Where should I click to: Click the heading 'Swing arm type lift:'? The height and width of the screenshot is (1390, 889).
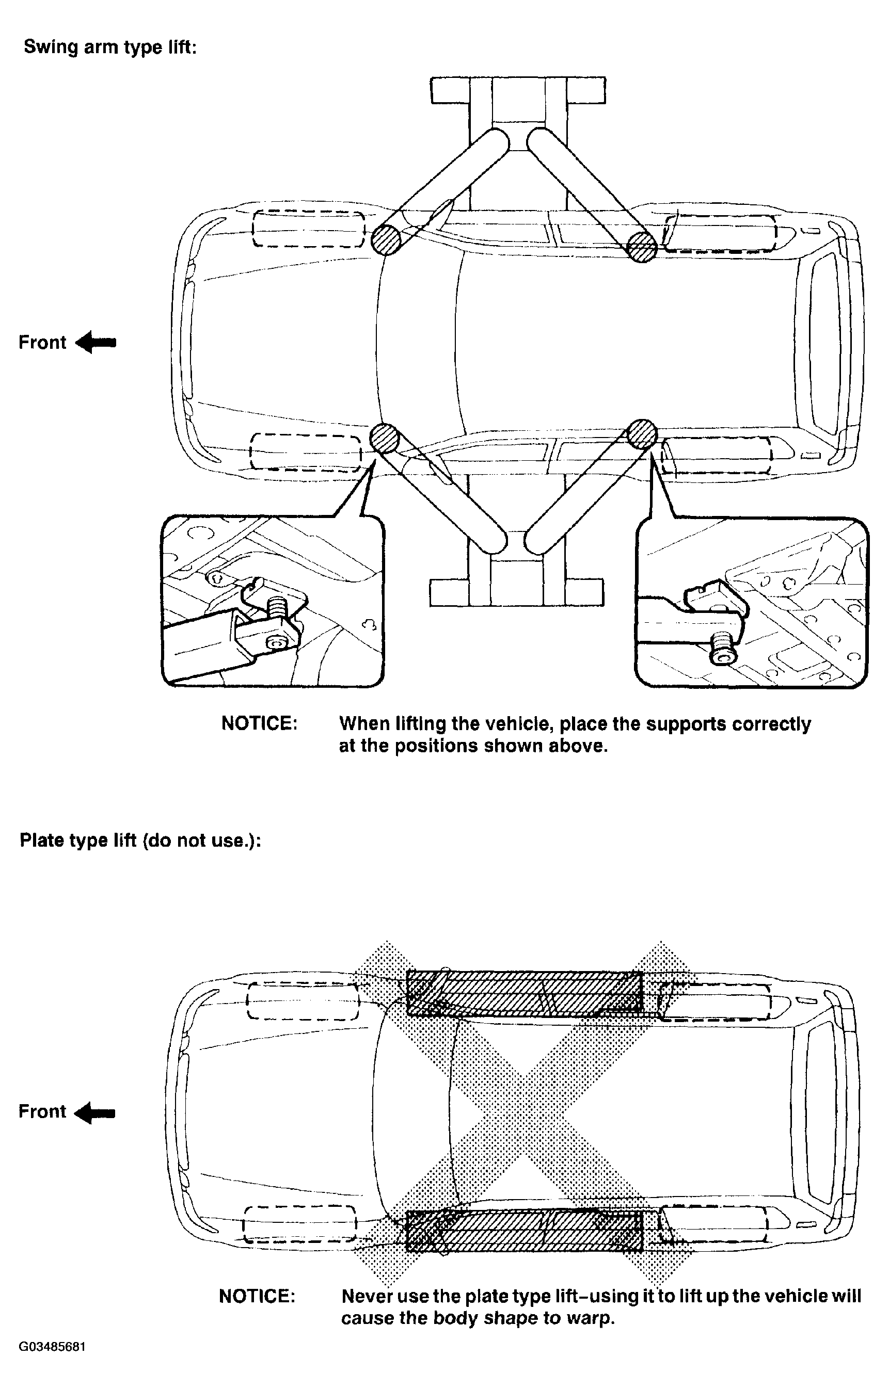pos(110,47)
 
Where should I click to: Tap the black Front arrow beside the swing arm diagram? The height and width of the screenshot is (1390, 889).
pos(96,342)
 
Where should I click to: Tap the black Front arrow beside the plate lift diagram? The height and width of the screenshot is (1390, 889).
pos(96,1112)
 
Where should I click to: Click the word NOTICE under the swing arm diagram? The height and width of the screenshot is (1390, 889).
pos(259,723)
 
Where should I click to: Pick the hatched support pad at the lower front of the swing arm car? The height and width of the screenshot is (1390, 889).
pos(384,438)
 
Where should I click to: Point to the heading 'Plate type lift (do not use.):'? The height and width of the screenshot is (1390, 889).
pos(140,840)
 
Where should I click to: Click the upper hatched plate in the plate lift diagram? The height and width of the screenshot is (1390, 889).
pos(525,992)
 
